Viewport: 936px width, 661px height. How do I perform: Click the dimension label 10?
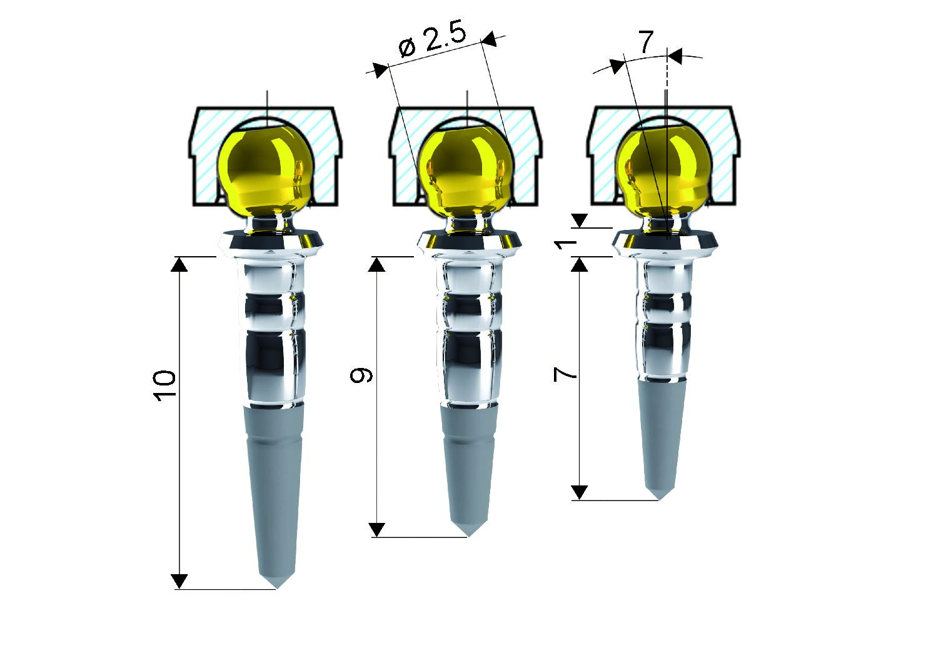[x=164, y=386]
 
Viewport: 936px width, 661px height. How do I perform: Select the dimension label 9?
[x=361, y=375]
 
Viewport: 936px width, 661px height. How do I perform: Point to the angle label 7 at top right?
[x=645, y=42]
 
